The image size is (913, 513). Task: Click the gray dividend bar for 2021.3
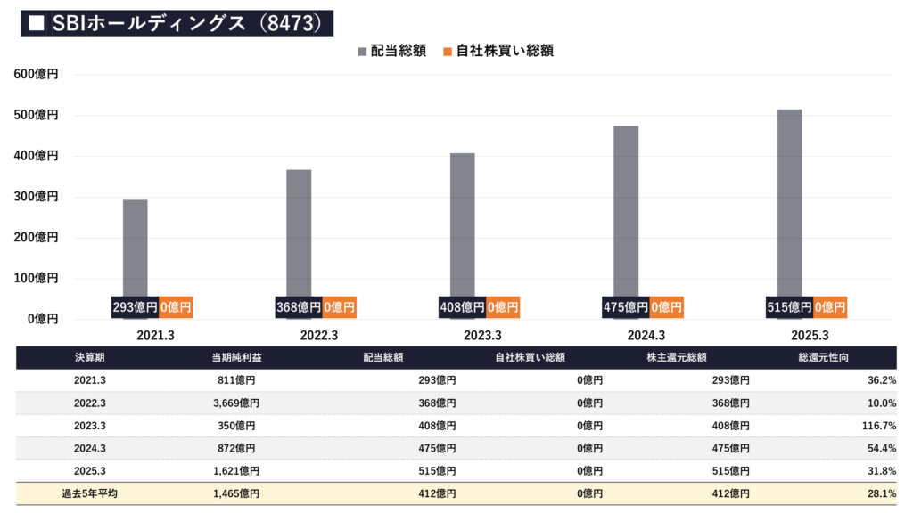click(135, 249)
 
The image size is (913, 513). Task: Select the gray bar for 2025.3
click(789, 205)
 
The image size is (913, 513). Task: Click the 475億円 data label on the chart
click(625, 307)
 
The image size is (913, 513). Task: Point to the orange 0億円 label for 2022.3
click(339, 307)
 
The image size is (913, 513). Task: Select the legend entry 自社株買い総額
click(497, 51)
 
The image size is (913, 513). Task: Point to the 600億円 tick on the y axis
click(37, 75)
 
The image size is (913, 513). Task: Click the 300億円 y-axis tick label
click(37, 197)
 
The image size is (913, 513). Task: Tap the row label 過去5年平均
click(89, 493)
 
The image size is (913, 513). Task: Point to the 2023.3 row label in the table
click(89, 426)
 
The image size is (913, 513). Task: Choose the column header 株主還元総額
click(676, 358)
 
